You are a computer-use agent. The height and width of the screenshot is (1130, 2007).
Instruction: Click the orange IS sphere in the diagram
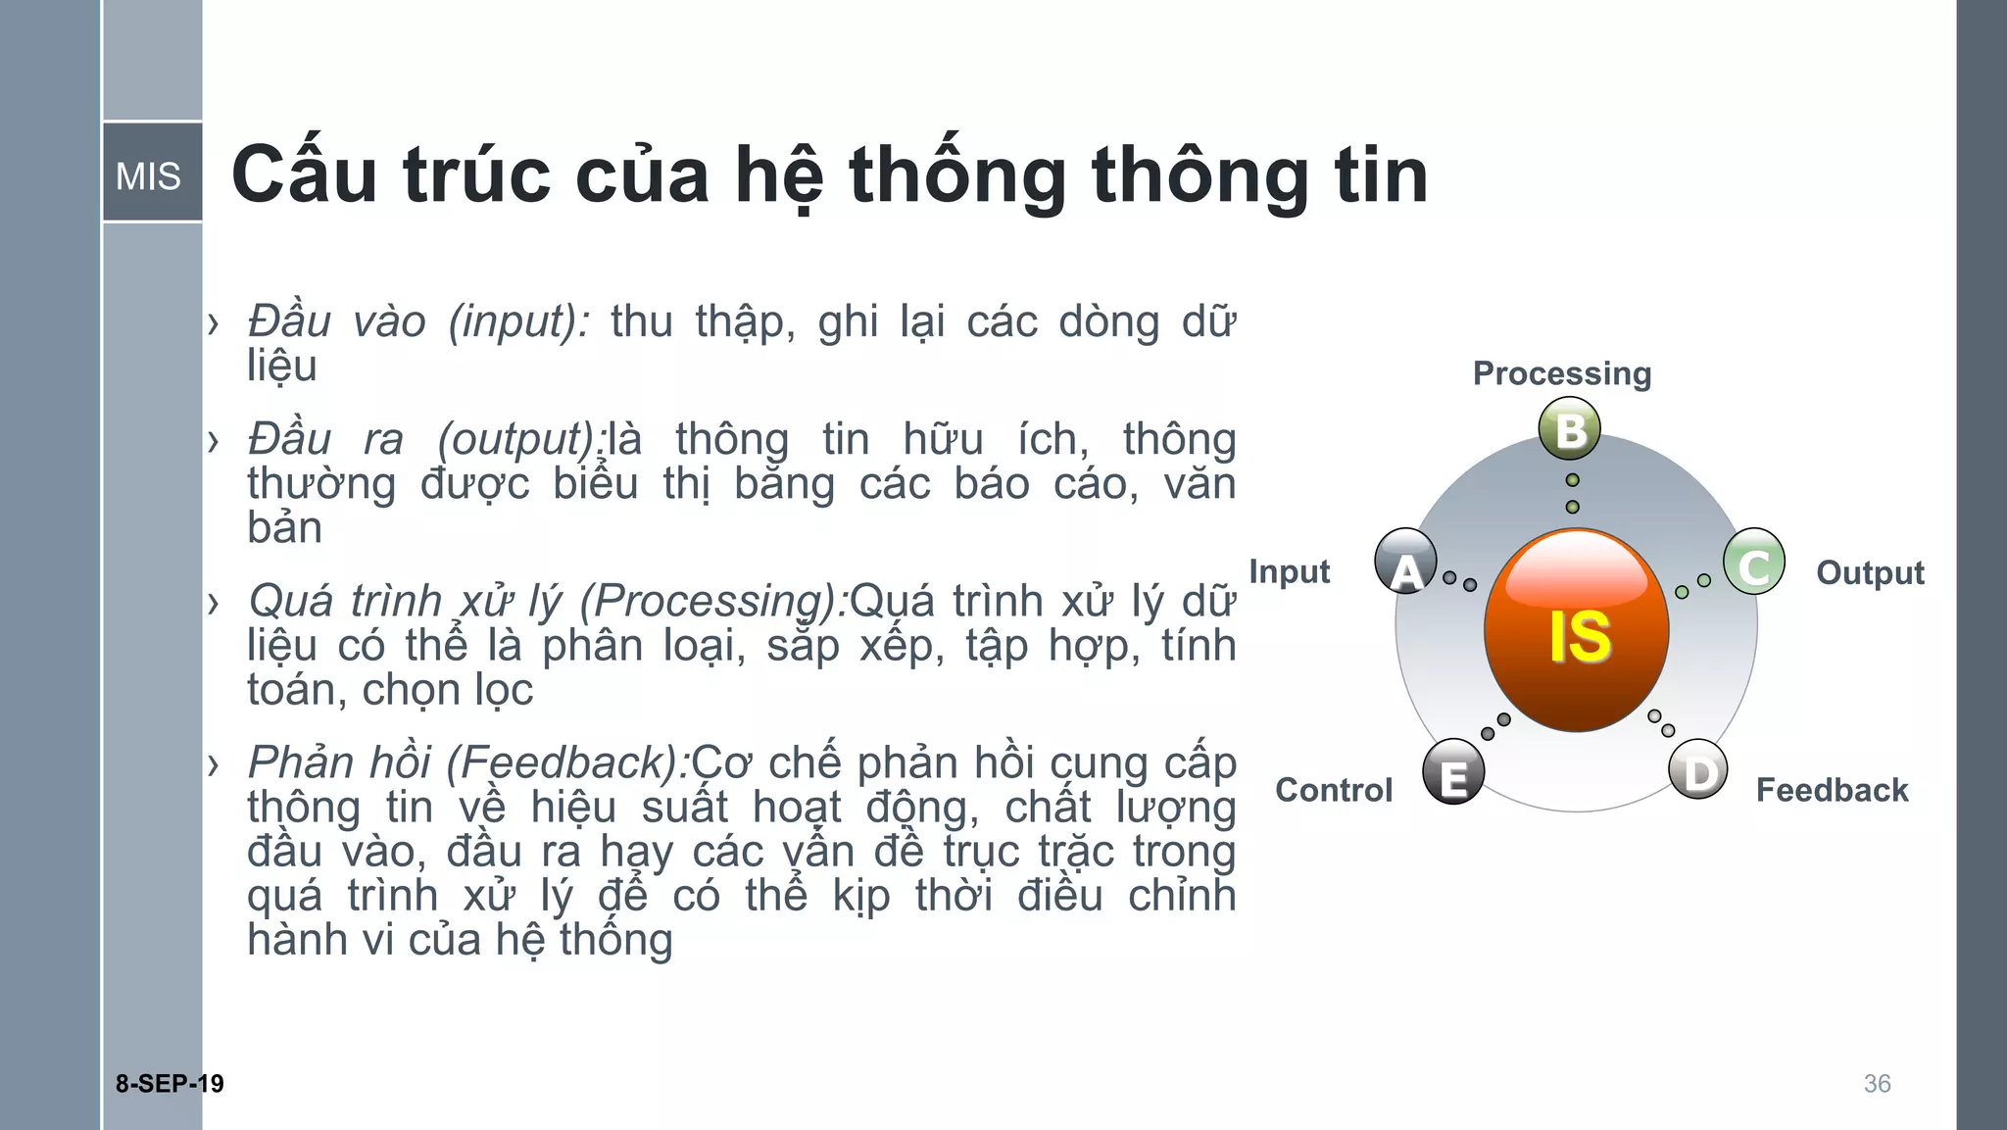pos(1576,630)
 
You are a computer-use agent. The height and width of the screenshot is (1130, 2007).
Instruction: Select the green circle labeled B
pos(1570,429)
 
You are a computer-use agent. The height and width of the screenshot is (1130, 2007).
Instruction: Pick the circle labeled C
pos(1753,563)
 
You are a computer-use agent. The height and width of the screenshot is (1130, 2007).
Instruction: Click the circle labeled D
pos(1698,770)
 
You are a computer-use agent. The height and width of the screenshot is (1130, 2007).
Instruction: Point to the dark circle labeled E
pos(1453,772)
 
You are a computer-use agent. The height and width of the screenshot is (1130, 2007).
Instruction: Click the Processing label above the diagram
pos(1562,373)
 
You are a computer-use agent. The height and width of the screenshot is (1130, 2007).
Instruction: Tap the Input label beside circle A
pos(1289,571)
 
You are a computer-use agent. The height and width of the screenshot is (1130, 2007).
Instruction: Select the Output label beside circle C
pos(1870,572)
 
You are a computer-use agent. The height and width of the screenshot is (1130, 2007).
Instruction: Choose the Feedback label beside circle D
pos(1832,790)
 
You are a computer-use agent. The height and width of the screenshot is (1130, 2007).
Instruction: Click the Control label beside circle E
pos(1334,790)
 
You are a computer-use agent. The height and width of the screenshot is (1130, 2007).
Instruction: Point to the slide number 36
pos(1877,1083)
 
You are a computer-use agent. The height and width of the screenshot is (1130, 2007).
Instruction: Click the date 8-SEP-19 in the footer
pos(170,1083)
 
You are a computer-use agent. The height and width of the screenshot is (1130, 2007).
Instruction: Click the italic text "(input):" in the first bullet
pos(518,321)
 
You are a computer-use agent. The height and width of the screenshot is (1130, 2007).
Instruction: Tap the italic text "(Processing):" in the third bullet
pos(713,601)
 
